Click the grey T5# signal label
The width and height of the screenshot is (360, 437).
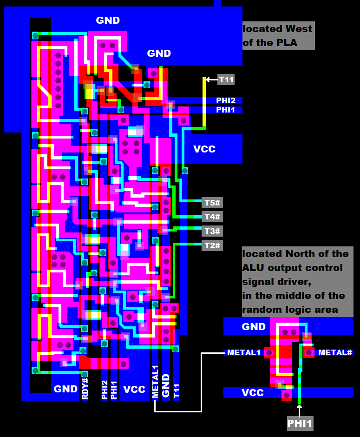pyautogui.click(x=212, y=203)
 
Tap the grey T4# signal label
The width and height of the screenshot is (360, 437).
pyautogui.click(x=212, y=217)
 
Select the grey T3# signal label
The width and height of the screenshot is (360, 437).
pyautogui.click(x=212, y=231)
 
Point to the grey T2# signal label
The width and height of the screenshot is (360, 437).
pyautogui.click(x=212, y=245)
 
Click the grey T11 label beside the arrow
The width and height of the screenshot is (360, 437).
pyautogui.click(x=226, y=79)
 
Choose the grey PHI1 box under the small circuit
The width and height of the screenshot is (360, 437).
pyautogui.click(x=300, y=424)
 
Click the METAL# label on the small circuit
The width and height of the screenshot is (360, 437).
pyautogui.click(x=334, y=353)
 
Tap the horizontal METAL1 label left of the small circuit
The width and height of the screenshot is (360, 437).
pyautogui.click(x=243, y=353)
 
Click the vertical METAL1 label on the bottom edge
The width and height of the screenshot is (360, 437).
pyautogui.click(x=156, y=385)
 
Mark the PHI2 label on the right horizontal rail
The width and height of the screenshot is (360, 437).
pyautogui.click(x=226, y=100)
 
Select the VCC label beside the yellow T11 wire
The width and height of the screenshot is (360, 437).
pyautogui.click(x=204, y=149)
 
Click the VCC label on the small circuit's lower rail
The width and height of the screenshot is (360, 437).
pyautogui.click(x=253, y=393)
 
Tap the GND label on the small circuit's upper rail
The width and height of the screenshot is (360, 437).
pyautogui.click(x=254, y=327)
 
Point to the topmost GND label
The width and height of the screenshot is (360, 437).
pyautogui.click(x=108, y=20)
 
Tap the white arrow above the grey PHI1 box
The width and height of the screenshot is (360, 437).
pyautogui.click(x=300, y=410)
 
